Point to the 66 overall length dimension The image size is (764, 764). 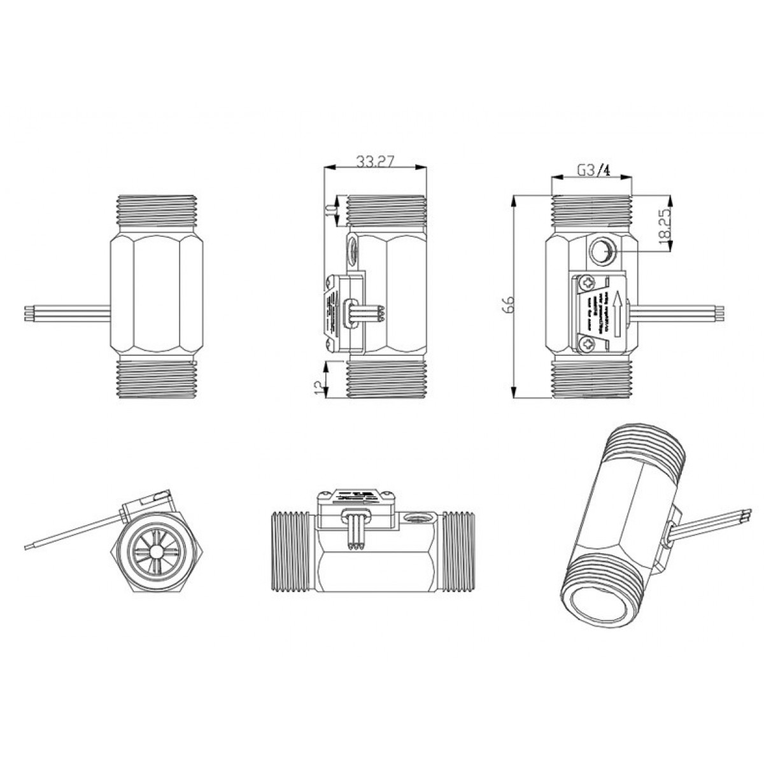pos(507,304)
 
